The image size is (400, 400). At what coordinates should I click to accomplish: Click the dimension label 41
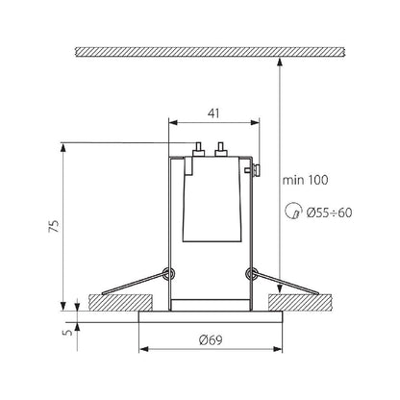click(213, 113)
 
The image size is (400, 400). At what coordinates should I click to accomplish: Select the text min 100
click(305, 180)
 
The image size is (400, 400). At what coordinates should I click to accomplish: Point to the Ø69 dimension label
click(211, 339)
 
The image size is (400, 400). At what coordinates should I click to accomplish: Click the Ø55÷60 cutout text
click(329, 212)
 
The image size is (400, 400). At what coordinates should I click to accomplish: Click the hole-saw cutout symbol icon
click(293, 212)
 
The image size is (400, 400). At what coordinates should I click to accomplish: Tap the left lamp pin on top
click(198, 149)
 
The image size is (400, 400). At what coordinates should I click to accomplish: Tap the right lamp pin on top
click(220, 149)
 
